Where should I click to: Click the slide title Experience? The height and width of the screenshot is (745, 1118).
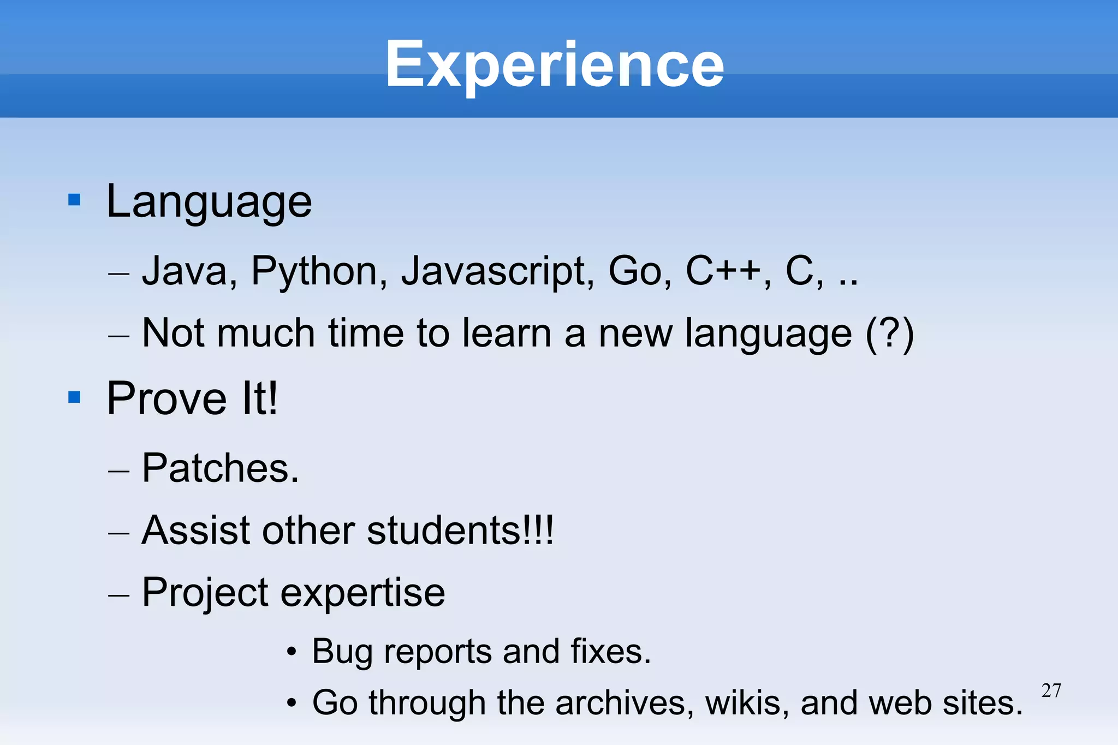click(x=555, y=65)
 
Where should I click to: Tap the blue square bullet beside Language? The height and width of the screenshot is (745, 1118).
click(x=74, y=200)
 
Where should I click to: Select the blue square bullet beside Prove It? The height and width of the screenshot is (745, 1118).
click(x=74, y=397)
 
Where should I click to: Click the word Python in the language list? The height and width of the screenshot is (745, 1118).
click(x=319, y=271)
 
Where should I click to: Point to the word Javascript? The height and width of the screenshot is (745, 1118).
click(x=497, y=271)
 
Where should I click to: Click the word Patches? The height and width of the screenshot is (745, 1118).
click(x=221, y=468)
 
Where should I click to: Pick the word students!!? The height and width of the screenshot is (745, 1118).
click(x=460, y=530)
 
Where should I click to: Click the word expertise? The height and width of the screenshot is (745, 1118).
click(x=362, y=593)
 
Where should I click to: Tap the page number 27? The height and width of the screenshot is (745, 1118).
click(x=1051, y=690)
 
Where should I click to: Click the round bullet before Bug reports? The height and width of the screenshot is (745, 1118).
click(x=292, y=652)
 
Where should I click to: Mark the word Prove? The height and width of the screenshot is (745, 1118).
click(x=166, y=399)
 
